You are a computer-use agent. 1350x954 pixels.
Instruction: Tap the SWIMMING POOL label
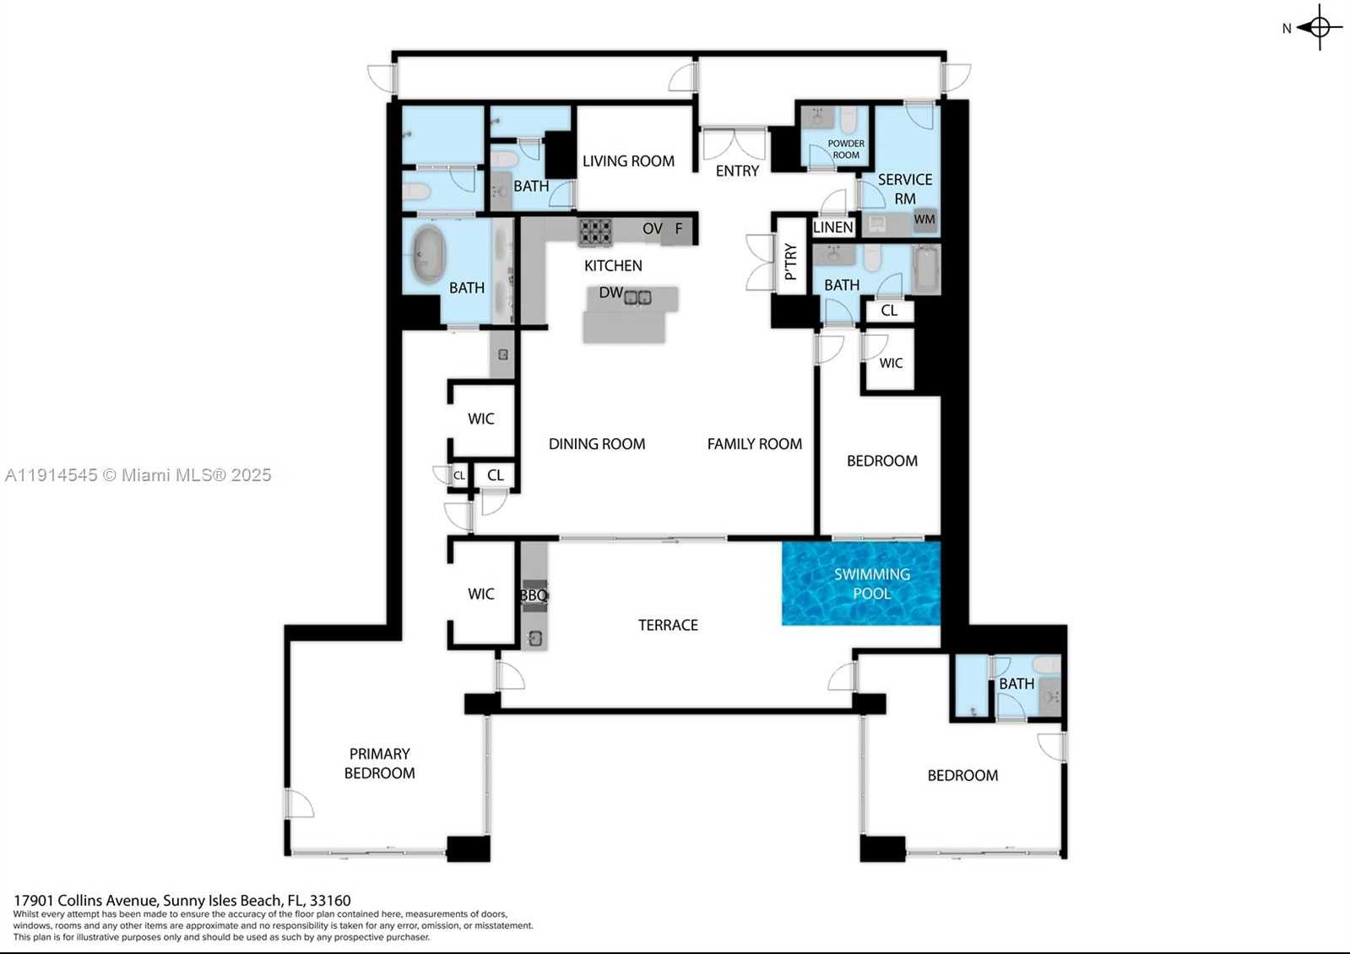point(872,583)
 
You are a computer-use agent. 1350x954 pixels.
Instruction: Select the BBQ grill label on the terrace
point(534,595)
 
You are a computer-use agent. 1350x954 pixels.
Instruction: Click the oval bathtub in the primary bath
point(429,254)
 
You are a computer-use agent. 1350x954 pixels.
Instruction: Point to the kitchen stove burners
point(594,231)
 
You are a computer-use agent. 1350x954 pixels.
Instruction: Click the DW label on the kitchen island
point(610,293)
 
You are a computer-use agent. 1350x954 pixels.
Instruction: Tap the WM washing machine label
point(924,220)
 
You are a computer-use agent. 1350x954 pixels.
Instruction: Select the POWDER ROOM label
point(845,149)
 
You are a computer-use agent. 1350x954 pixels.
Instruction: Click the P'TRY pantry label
point(790,262)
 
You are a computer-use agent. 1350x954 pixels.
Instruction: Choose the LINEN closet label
point(833,227)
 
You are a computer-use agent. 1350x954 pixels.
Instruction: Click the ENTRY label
point(737,171)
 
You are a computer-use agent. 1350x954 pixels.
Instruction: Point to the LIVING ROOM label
point(628,161)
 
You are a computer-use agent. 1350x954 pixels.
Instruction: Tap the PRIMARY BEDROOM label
point(380,763)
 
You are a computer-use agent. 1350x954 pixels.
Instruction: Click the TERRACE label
point(668,625)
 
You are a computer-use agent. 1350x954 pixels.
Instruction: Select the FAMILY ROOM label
point(754,444)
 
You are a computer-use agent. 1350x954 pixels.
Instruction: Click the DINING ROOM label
point(597,444)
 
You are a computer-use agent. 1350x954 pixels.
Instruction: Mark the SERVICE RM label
point(904,189)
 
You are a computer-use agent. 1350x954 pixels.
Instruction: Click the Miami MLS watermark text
point(138,475)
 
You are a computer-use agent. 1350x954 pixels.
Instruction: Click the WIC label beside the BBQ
point(481,594)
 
